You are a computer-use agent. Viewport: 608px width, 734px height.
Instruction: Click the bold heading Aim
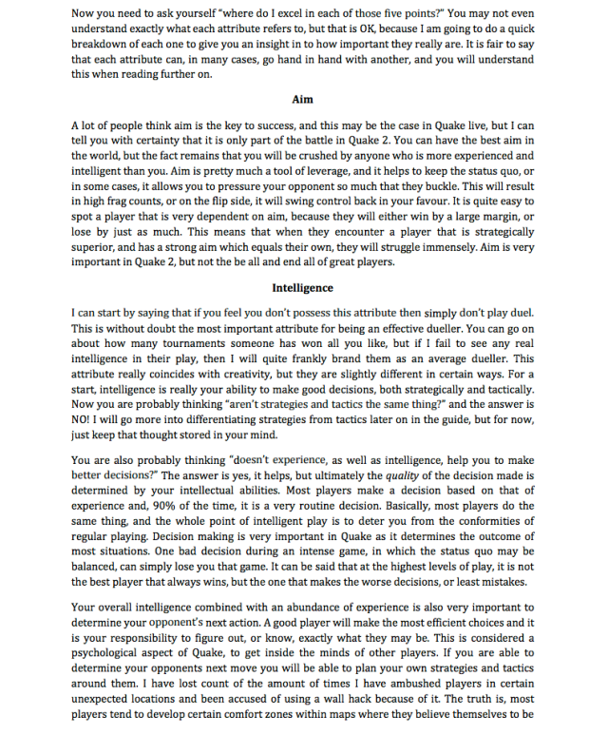[304, 99]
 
